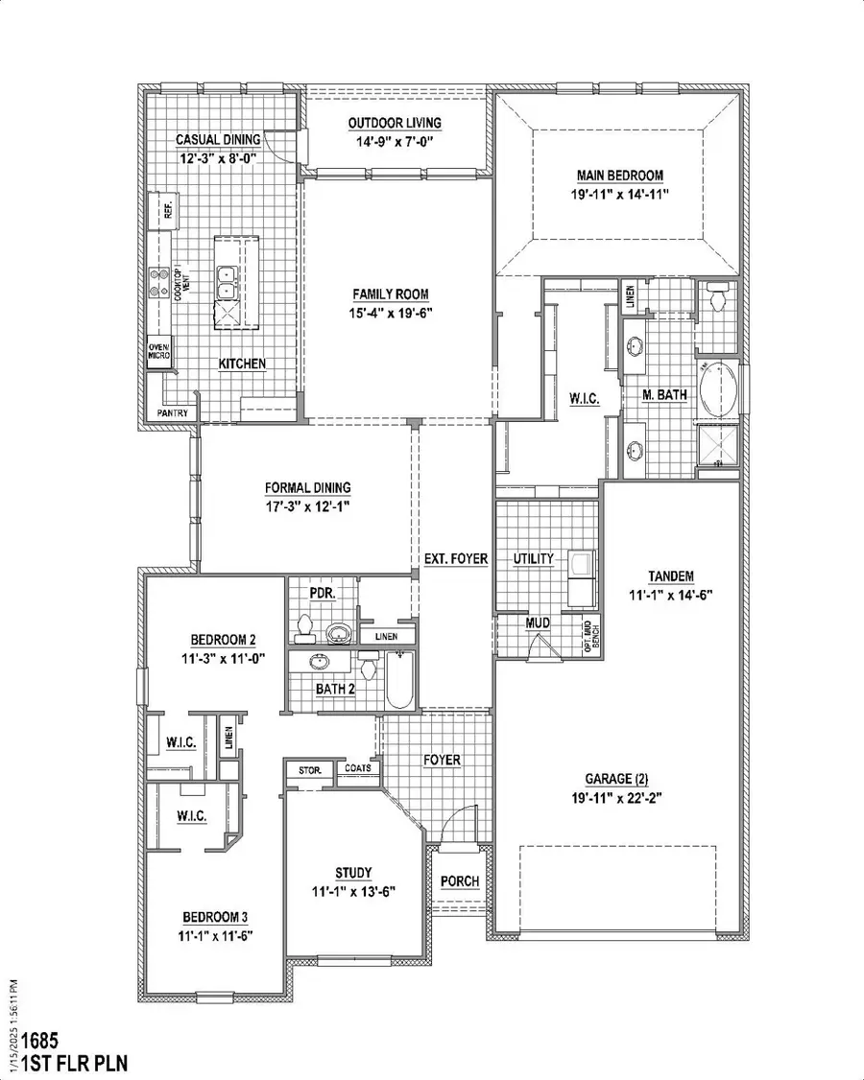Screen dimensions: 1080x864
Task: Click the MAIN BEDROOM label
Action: [x=620, y=176]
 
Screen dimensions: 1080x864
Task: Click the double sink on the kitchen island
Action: [x=228, y=285]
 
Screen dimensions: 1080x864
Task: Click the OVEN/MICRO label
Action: [x=159, y=352]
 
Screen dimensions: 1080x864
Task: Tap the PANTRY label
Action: [x=173, y=413]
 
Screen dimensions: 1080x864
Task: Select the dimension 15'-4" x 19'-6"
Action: [x=390, y=312]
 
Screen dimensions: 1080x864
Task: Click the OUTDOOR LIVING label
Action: [x=395, y=123]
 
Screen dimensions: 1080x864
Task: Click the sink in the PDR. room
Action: [x=337, y=633]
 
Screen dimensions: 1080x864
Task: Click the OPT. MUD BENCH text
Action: [x=591, y=634]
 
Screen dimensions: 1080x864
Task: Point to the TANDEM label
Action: [x=671, y=576]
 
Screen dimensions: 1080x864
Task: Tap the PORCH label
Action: [x=460, y=881]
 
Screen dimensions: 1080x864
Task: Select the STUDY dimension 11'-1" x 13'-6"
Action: [x=352, y=890]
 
